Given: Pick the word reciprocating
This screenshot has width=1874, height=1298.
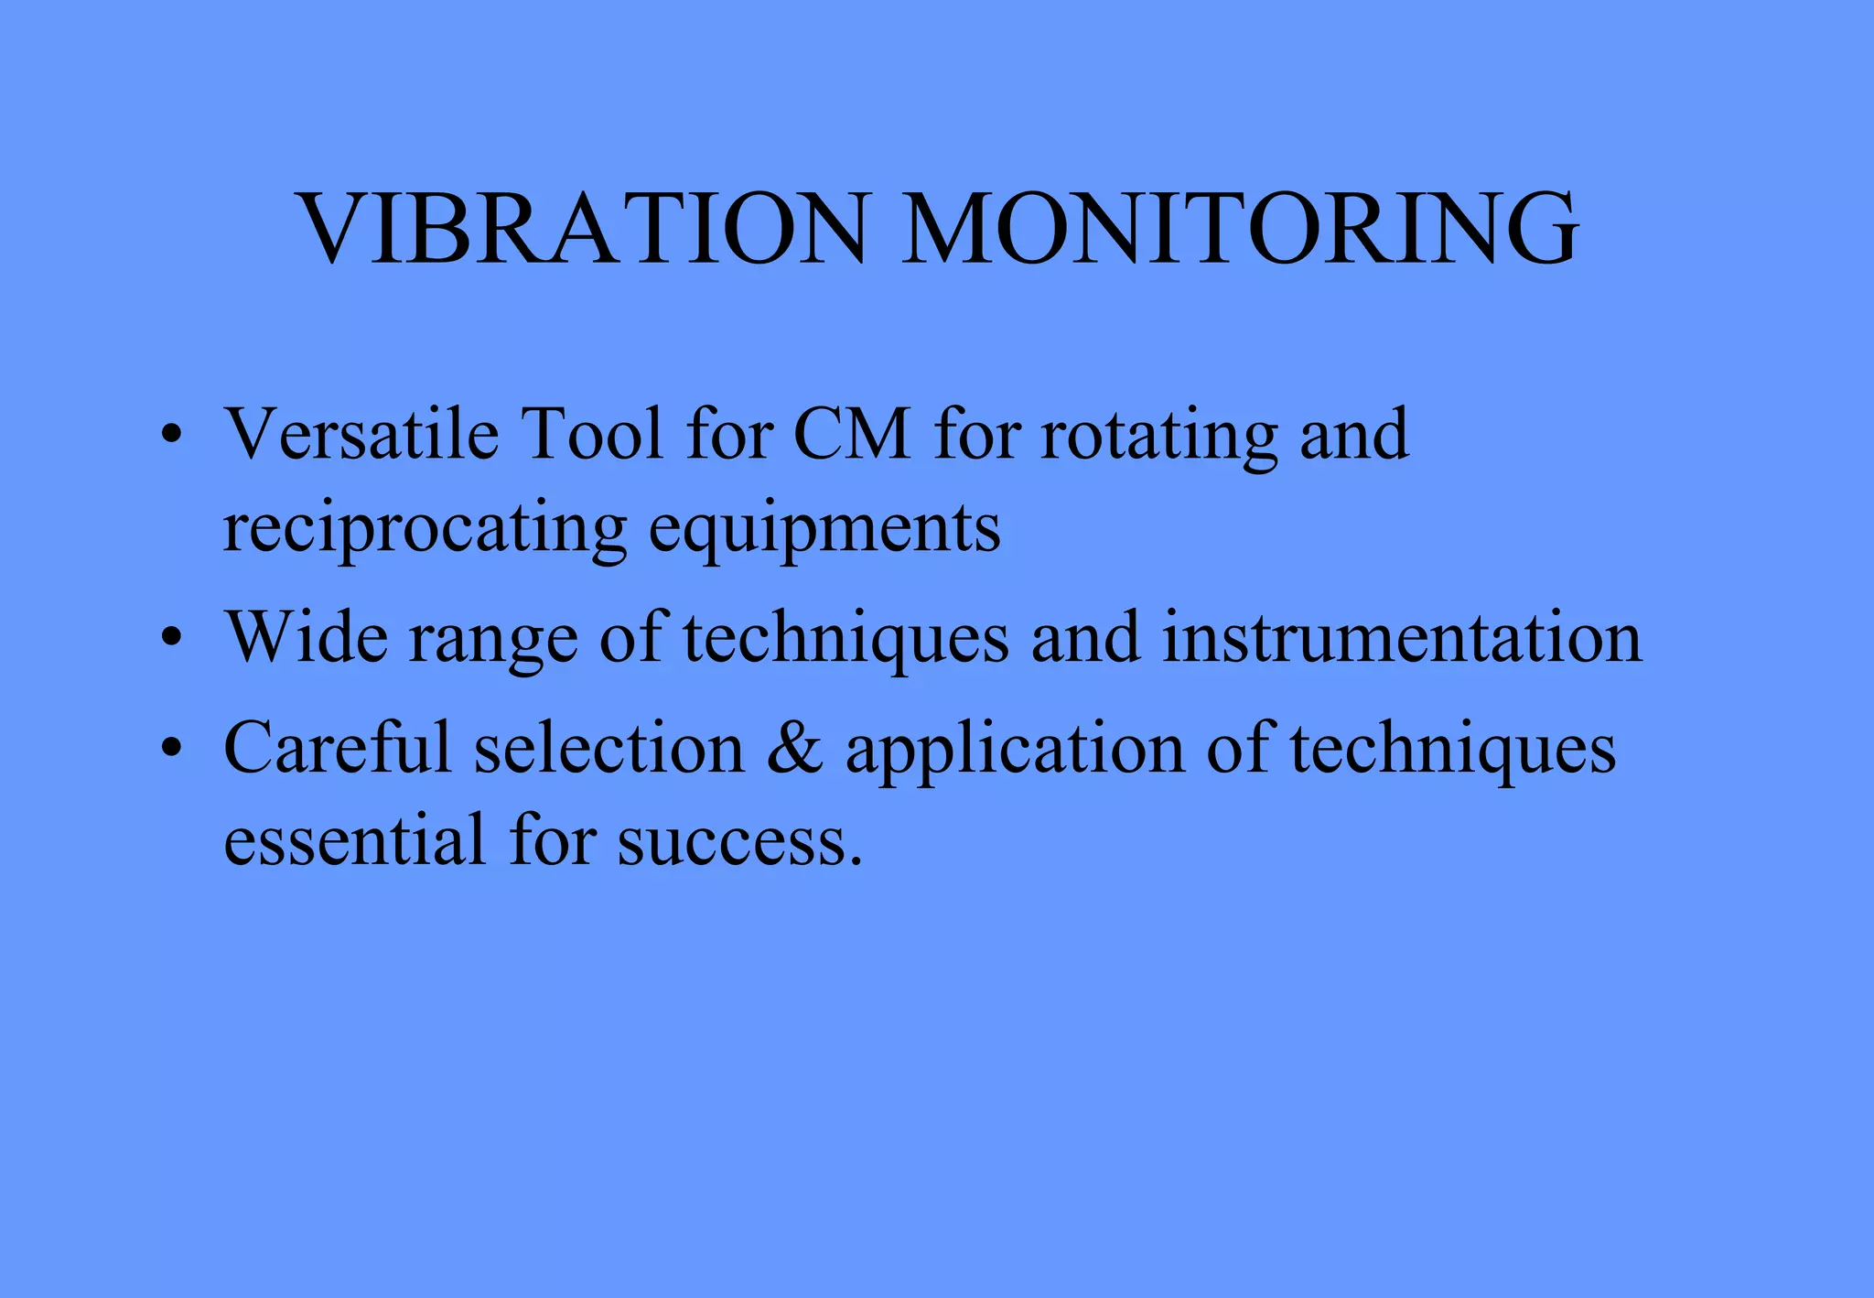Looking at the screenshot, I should (425, 531).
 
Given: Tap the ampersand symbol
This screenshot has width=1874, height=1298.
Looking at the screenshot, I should (795, 749).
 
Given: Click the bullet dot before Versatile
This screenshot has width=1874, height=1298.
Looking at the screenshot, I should (171, 436).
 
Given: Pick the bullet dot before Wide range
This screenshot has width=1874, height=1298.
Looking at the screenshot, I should (171, 638).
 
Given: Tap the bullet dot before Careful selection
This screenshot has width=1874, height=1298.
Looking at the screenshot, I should (171, 749).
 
